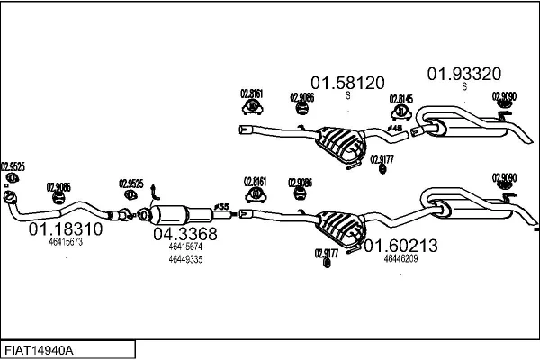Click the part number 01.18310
coord(66,229)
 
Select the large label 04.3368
coord(185,234)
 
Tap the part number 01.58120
coord(346,81)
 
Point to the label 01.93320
coord(463,73)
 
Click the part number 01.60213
coord(400,245)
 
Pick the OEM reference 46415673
coord(66,242)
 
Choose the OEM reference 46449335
coord(185,259)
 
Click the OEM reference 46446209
coord(400,258)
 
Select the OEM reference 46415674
coord(185,246)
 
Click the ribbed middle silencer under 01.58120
coord(340,139)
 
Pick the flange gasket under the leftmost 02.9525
coord(10,196)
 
